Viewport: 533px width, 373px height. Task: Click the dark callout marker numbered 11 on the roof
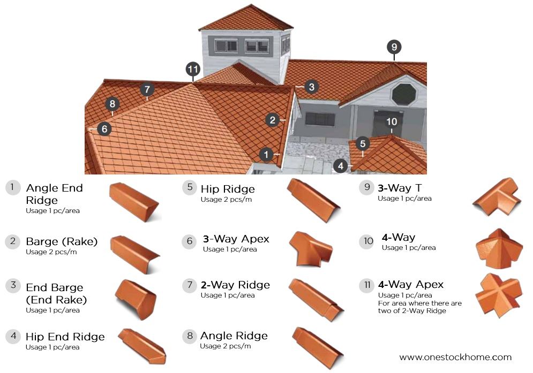point(193,69)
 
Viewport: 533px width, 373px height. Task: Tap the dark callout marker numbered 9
point(394,47)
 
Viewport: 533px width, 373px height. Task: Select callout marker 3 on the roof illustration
point(312,86)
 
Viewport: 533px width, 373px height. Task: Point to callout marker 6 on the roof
point(104,128)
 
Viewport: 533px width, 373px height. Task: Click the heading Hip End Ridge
point(65,337)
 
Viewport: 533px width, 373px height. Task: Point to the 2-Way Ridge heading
point(235,285)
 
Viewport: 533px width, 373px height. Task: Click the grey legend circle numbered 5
point(190,188)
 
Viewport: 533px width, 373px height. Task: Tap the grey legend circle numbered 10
point(367,241)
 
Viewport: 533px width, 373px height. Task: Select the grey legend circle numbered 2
point(13,241)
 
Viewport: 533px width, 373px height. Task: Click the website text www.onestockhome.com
point(455,357)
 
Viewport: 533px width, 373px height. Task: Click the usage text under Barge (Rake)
point(51,252)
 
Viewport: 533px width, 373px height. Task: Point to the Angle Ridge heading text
point(234,336)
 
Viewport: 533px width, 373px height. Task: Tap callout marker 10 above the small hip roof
point(392,122)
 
